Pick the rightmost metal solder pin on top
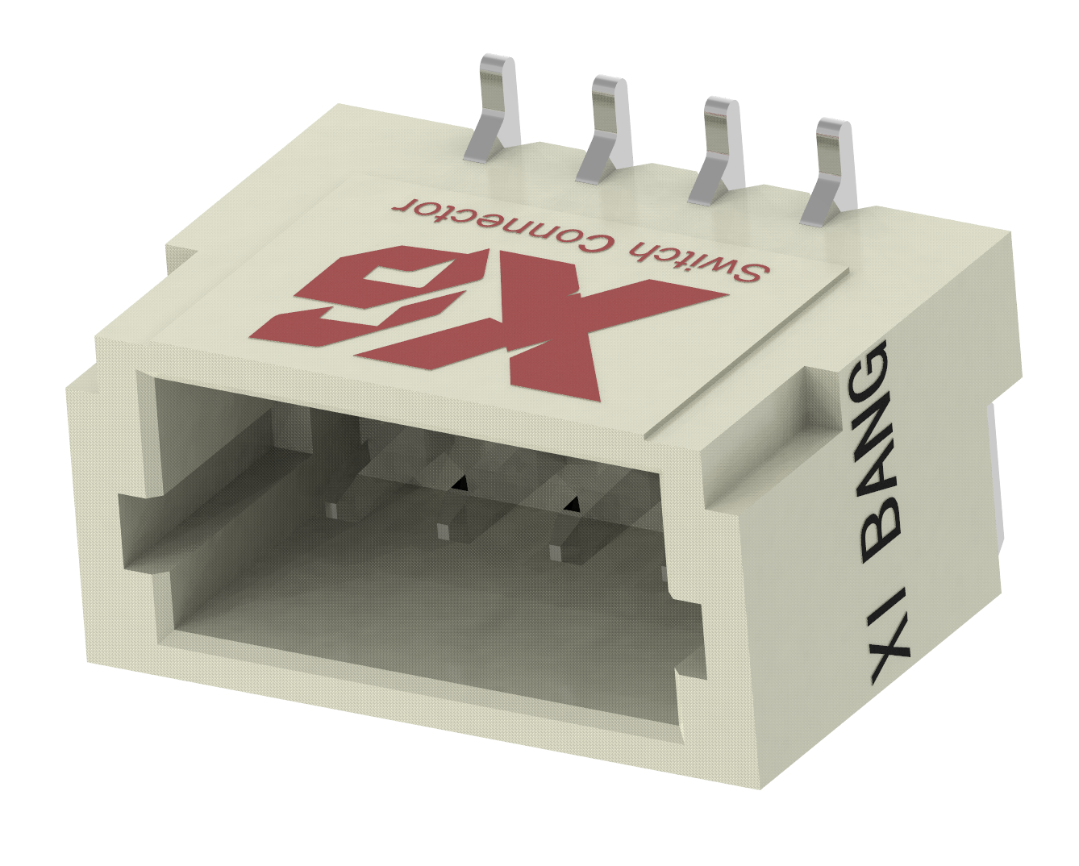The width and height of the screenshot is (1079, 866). point(831,169)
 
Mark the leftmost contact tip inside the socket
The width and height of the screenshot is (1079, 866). point(333,509)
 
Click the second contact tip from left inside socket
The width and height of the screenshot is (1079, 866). point(443,530)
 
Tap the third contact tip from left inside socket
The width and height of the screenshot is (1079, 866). point(557,552)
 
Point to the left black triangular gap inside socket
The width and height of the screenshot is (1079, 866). point(460,483)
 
